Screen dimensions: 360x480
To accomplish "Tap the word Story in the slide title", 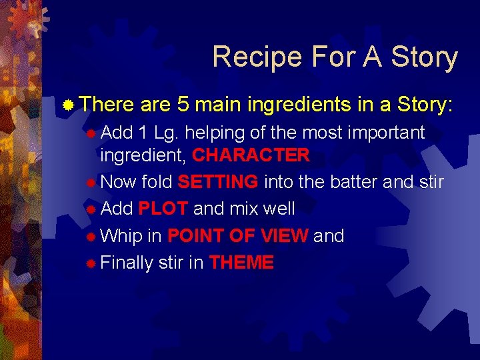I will coord(425,57).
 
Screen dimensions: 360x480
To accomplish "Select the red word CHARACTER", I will coord(251,155).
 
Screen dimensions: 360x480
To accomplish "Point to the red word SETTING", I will coord(218,182).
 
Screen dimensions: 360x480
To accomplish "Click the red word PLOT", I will coord(163,209).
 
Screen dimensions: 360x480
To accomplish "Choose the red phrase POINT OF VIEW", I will coord(237,235).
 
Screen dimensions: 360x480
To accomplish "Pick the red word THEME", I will coord(241,263).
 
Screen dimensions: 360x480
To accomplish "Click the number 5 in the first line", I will coord(184,105).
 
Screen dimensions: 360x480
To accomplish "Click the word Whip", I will coord(122,235).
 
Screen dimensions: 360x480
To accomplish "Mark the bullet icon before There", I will coord(69,105).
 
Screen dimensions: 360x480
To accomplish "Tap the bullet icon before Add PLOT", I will coord(91,209).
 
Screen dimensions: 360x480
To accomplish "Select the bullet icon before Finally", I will coord(91,263).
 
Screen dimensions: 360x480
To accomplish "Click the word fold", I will coord(157,182).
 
